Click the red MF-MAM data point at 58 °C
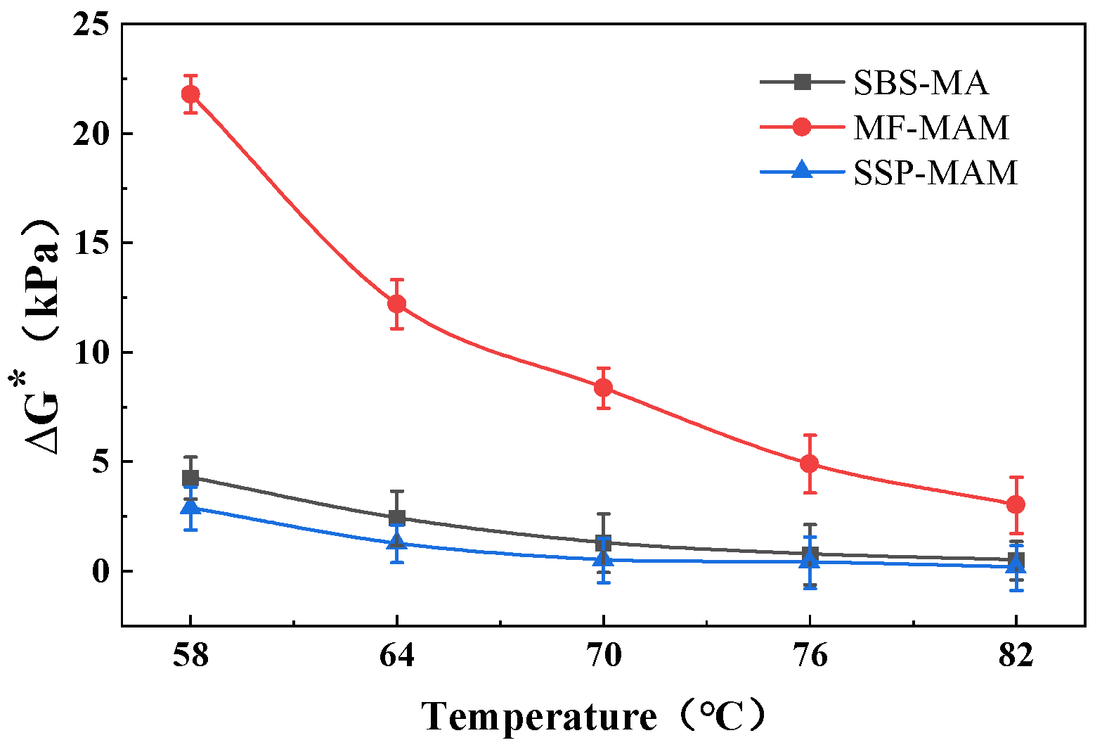(190, 94)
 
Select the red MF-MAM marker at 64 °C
(397, 304)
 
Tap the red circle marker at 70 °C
(603, 388)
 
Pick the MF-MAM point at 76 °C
(810, 464)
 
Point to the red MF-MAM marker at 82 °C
(1016, 504)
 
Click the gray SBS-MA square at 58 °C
(190, 478)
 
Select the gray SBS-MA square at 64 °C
(397, 518)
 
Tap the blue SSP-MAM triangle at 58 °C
(190, 507)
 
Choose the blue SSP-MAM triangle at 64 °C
(397, 541)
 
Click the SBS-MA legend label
(921, 83)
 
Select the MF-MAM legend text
(931, 127)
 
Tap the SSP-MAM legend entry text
(935, 172)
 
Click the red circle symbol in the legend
(802, 127)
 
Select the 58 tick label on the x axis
(190, 656)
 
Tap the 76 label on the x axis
(810, 656)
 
